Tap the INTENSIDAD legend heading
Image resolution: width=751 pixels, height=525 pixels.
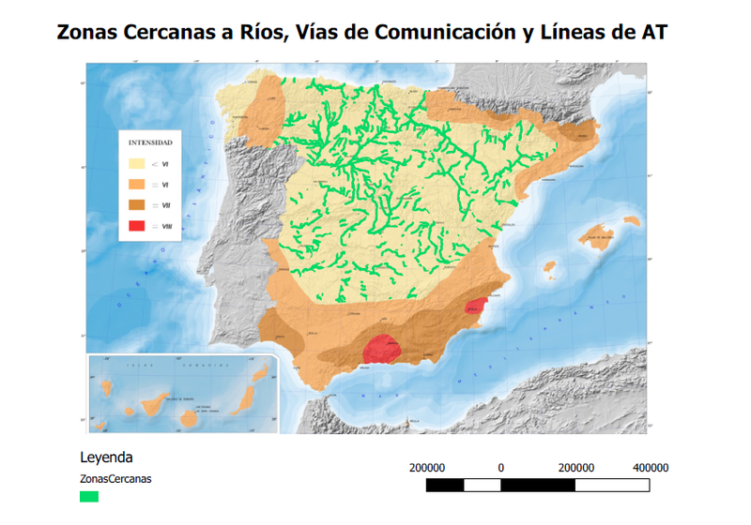coord(150,143)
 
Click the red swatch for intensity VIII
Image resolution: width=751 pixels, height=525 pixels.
coord(139,226)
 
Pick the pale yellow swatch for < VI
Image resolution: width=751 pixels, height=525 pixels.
coord(139,164)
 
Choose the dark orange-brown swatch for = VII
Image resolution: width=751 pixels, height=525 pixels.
coord(139,205)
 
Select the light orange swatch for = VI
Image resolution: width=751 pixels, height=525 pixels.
coord(139,185)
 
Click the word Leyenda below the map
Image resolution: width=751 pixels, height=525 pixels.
coord(106,458)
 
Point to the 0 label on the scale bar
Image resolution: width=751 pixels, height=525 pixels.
coord(501,467)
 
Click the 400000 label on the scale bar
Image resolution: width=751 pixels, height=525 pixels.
coord(651,467)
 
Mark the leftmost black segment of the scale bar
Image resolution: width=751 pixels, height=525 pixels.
coord(444,485)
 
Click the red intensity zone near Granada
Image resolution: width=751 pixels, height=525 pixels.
coord(383,349)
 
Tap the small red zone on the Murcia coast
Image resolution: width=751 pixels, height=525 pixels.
coord(478,307)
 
